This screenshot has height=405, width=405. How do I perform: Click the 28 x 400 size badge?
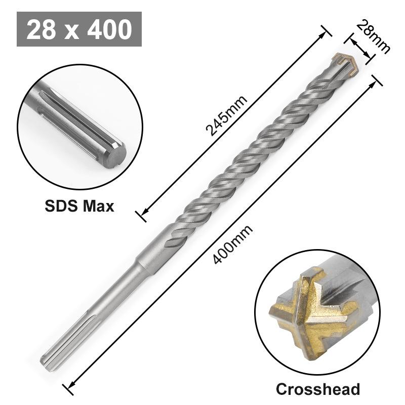click(x=79, y=30)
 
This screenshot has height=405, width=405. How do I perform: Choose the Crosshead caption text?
click(x=318, y=389)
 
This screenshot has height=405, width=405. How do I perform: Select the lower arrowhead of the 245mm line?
click(x=143, y=214)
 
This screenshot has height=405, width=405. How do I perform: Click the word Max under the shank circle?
click(x=99, y=207)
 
